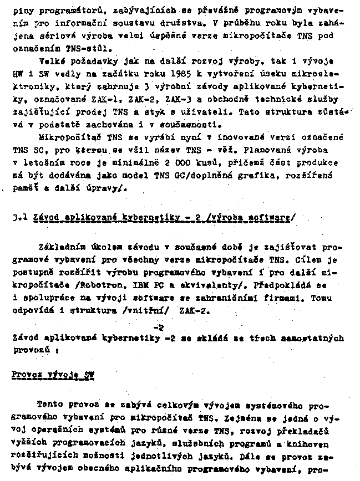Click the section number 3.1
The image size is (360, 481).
(x=19, y=216)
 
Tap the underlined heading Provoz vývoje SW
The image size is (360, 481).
(x=53, y=375)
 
